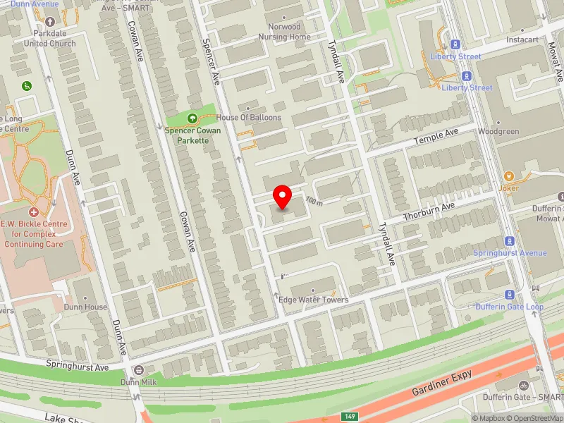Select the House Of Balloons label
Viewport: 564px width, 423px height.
pos(249,118)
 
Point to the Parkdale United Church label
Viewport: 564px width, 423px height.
pos(49,38)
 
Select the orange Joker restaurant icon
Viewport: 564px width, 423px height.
pos(508,176)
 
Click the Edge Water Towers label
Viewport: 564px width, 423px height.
pos(314,300)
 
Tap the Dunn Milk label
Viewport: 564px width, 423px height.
pos(137,382)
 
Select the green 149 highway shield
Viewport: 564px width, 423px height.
pos(350,417)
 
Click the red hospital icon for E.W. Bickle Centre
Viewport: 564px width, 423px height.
pos(34,212)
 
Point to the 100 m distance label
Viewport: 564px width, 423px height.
pos(314,202)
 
